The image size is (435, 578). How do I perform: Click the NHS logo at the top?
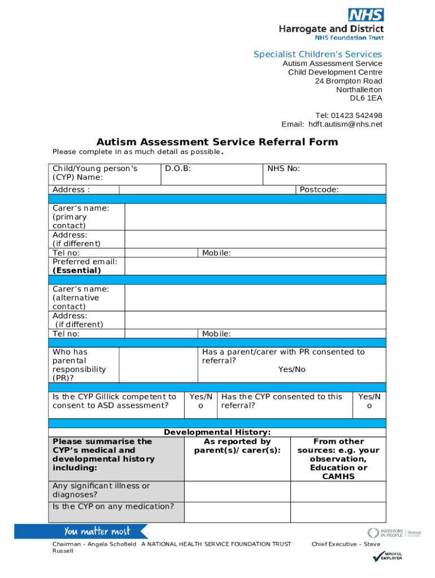point(366,15)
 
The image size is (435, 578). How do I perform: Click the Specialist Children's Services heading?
point(317,54)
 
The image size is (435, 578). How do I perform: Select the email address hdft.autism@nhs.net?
point(345,124)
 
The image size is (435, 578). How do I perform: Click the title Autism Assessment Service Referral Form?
point(217,142)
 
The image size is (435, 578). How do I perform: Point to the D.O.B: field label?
point(178,169)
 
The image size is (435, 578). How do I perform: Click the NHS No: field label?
point(284,169)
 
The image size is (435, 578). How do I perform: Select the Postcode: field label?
point(319,190)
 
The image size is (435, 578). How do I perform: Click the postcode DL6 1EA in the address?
point(366,98)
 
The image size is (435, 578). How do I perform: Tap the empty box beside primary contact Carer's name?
point(255,217)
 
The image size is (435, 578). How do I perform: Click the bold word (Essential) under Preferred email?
point(77,270)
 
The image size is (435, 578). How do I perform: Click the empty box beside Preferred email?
point(255,266)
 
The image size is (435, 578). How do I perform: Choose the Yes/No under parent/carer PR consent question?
point(292,369)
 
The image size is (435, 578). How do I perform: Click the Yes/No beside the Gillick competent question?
point(201,401)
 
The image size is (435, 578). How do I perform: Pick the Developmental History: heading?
point(217,432)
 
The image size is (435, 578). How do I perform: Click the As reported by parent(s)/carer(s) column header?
point(237,446)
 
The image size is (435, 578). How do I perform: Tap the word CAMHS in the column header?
point(338,476)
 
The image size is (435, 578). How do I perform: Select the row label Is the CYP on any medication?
point(113,506)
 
